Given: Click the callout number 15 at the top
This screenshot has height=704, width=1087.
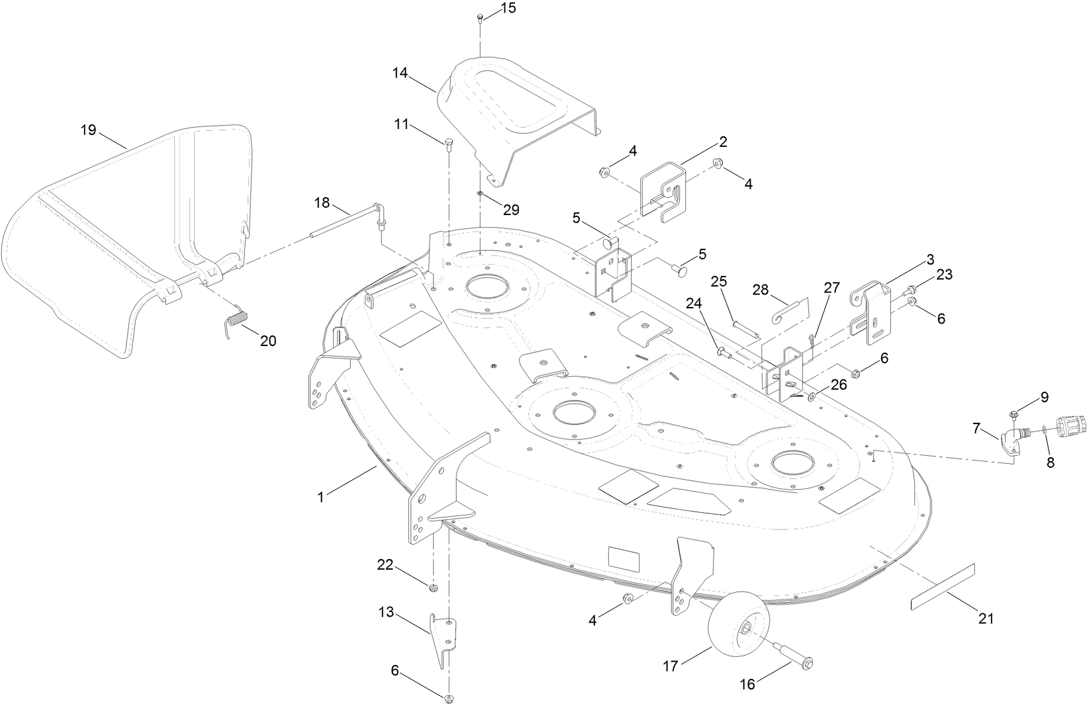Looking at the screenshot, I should click(x=508, y=8).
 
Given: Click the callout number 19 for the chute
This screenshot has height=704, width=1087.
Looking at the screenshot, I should click(x=89, y=130).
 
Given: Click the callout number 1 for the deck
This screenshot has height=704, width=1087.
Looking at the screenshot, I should click(x=320, y=496).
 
